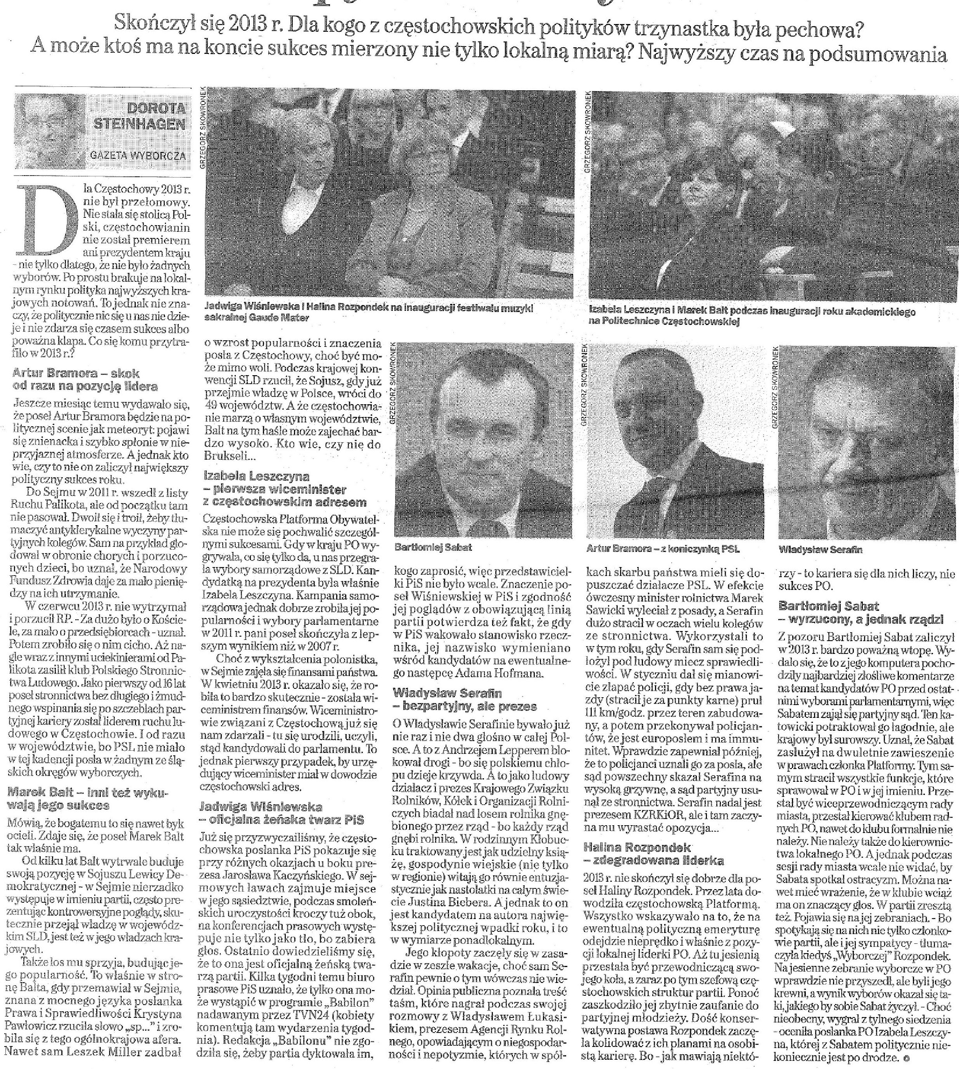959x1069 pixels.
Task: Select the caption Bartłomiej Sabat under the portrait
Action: tap(433, 547)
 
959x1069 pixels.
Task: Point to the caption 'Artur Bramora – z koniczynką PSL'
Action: tap(663, 548)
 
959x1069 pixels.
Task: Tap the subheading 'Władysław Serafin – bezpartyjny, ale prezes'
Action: tap(465, 699)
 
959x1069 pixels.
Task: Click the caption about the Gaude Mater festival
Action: tap(369, 312)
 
